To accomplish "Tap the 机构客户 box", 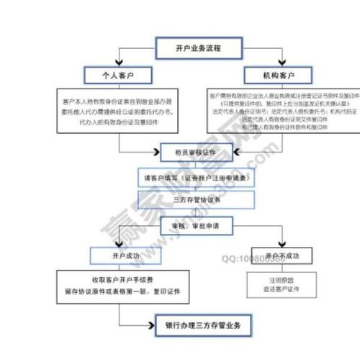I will click(276, 74).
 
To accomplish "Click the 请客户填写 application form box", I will click(197, 176).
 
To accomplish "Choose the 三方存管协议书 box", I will click(197, 199).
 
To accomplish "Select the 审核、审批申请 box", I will click(196, 225).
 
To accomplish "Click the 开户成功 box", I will click(119, 255).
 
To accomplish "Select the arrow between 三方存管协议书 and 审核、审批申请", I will click(196, 212).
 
